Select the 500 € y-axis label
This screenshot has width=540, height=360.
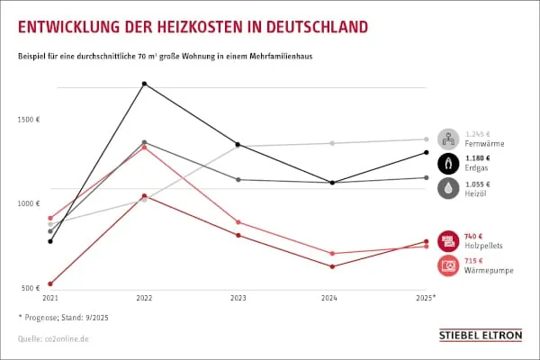tap(31, 288)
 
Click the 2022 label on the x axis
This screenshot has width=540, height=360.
tap(144, 297)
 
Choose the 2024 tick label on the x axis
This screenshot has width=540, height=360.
tap(332, 297)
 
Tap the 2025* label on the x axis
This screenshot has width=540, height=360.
tap(427, 297)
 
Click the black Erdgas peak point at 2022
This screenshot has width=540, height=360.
tap(144, 84)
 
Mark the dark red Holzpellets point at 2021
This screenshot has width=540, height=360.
tap(50, 283)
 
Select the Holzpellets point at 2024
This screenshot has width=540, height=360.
tap(332, 266)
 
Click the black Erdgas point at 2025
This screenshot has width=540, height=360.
tap(426, 152)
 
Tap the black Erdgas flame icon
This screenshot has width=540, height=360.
tap(448, 163)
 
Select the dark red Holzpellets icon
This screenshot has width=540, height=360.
tap(448, 241)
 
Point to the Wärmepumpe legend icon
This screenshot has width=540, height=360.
tap(448, 265)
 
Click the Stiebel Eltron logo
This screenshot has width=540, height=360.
tap(480, 335)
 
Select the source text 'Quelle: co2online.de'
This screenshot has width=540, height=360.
tap(53, 339)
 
